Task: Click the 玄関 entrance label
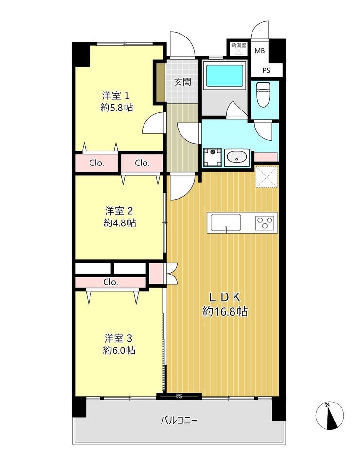182,81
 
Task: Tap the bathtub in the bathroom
225,75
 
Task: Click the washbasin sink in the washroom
237,158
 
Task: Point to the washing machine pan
213,158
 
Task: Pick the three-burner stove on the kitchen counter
266,222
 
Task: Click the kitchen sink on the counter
225,222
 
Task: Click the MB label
259,51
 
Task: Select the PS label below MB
266,71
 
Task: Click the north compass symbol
330,415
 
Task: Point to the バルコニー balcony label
179,421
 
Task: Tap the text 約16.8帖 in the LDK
225,311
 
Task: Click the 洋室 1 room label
116,96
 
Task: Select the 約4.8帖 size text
120,223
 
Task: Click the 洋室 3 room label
118,338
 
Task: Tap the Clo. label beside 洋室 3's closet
110,282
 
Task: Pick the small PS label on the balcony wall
179,396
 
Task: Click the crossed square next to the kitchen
267,177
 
